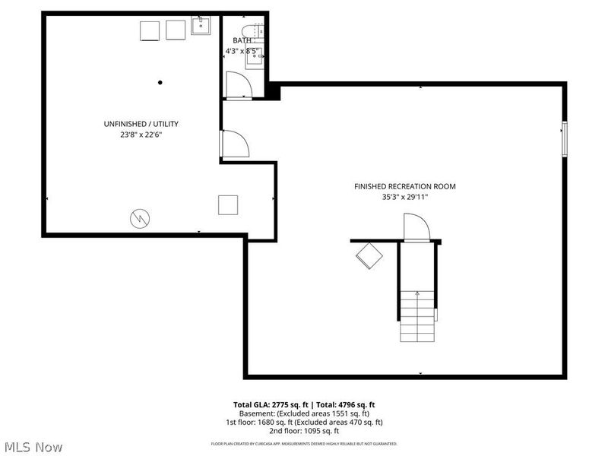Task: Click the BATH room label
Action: (242, 40)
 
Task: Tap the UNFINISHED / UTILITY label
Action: (141, 124)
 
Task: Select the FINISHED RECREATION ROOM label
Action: (405, 186)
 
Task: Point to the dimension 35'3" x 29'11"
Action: (405, 198)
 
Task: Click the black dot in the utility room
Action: (160, 82)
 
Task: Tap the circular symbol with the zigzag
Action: (139, 218)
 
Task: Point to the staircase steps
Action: (417, 315)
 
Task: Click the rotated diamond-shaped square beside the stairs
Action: (370, 255)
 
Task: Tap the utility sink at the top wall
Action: (201, 28)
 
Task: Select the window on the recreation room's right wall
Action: (564, 139)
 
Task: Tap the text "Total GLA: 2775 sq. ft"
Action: (271, 404)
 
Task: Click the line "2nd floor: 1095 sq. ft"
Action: (303, 431)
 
